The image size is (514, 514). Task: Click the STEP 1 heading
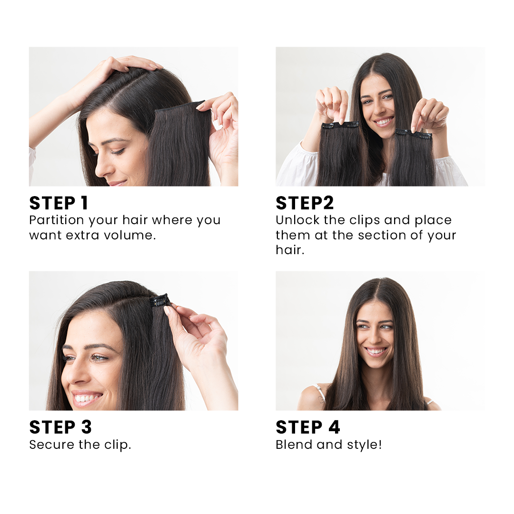pyautogui.click(x=59, y=203)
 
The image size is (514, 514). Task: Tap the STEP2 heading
pyautogui.click(x=305, y=203)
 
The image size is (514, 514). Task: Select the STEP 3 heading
pyautogui.click(x=60, y=427)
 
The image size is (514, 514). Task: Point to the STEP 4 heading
pyautogui.click(x=308, y=427)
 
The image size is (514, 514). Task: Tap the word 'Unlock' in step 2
pyautogui.click(x=297, y=220)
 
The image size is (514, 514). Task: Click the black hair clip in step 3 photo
pyautogui.click(x=159, y=301)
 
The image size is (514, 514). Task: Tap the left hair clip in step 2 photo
pyautogui.click(x=340, y=125)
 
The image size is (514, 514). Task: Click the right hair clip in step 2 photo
pyautogui.click(x=415, y=135)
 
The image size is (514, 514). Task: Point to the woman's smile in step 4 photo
pyautogui.click(x=376, y=351)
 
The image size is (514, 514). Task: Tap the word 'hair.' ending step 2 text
pyautogui.click(x=290, y=250)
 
